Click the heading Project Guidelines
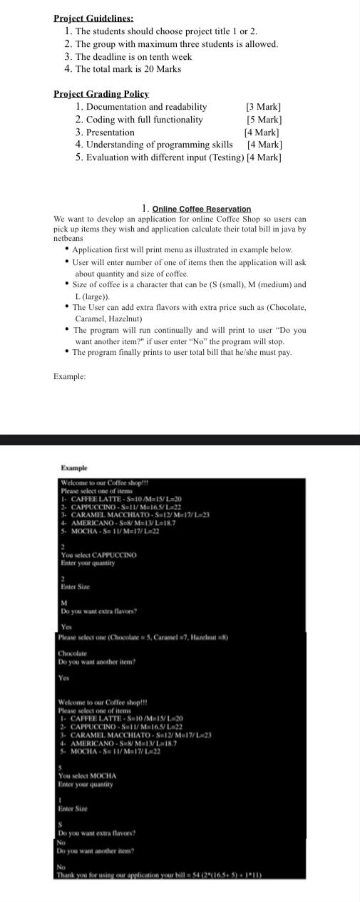pyautogui.click(x=93, y=19)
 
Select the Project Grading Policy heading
pyautogui.click(x=101, y=94)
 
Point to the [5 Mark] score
pyautogui.click(x=264, y=120)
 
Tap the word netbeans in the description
pyautogui.click(x=68, y=238)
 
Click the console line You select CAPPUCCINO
pyautogui.click(x=99, y=554)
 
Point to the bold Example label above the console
pyautogui.click(x=74, y=468)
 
